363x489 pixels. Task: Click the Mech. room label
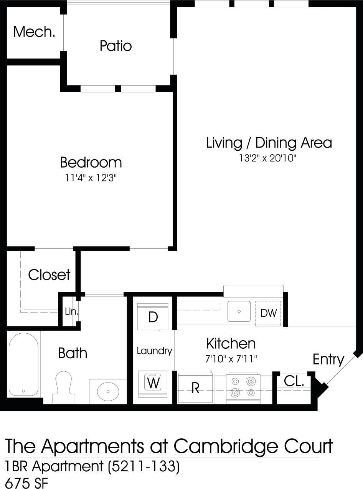34,32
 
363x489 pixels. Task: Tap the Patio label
115,46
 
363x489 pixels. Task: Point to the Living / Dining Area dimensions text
269,158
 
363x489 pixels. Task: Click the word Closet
49,275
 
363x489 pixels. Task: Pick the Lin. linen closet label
71,312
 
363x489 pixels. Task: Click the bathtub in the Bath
24,364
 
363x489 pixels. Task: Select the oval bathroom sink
108,391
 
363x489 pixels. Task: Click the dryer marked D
153,317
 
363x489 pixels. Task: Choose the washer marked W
153,383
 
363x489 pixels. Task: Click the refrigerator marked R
195,388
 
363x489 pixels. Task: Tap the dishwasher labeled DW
268,313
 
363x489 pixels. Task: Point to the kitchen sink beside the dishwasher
239,311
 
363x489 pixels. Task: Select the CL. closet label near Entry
294,381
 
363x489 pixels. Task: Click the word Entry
328,359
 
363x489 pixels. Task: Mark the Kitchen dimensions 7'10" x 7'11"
231,359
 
